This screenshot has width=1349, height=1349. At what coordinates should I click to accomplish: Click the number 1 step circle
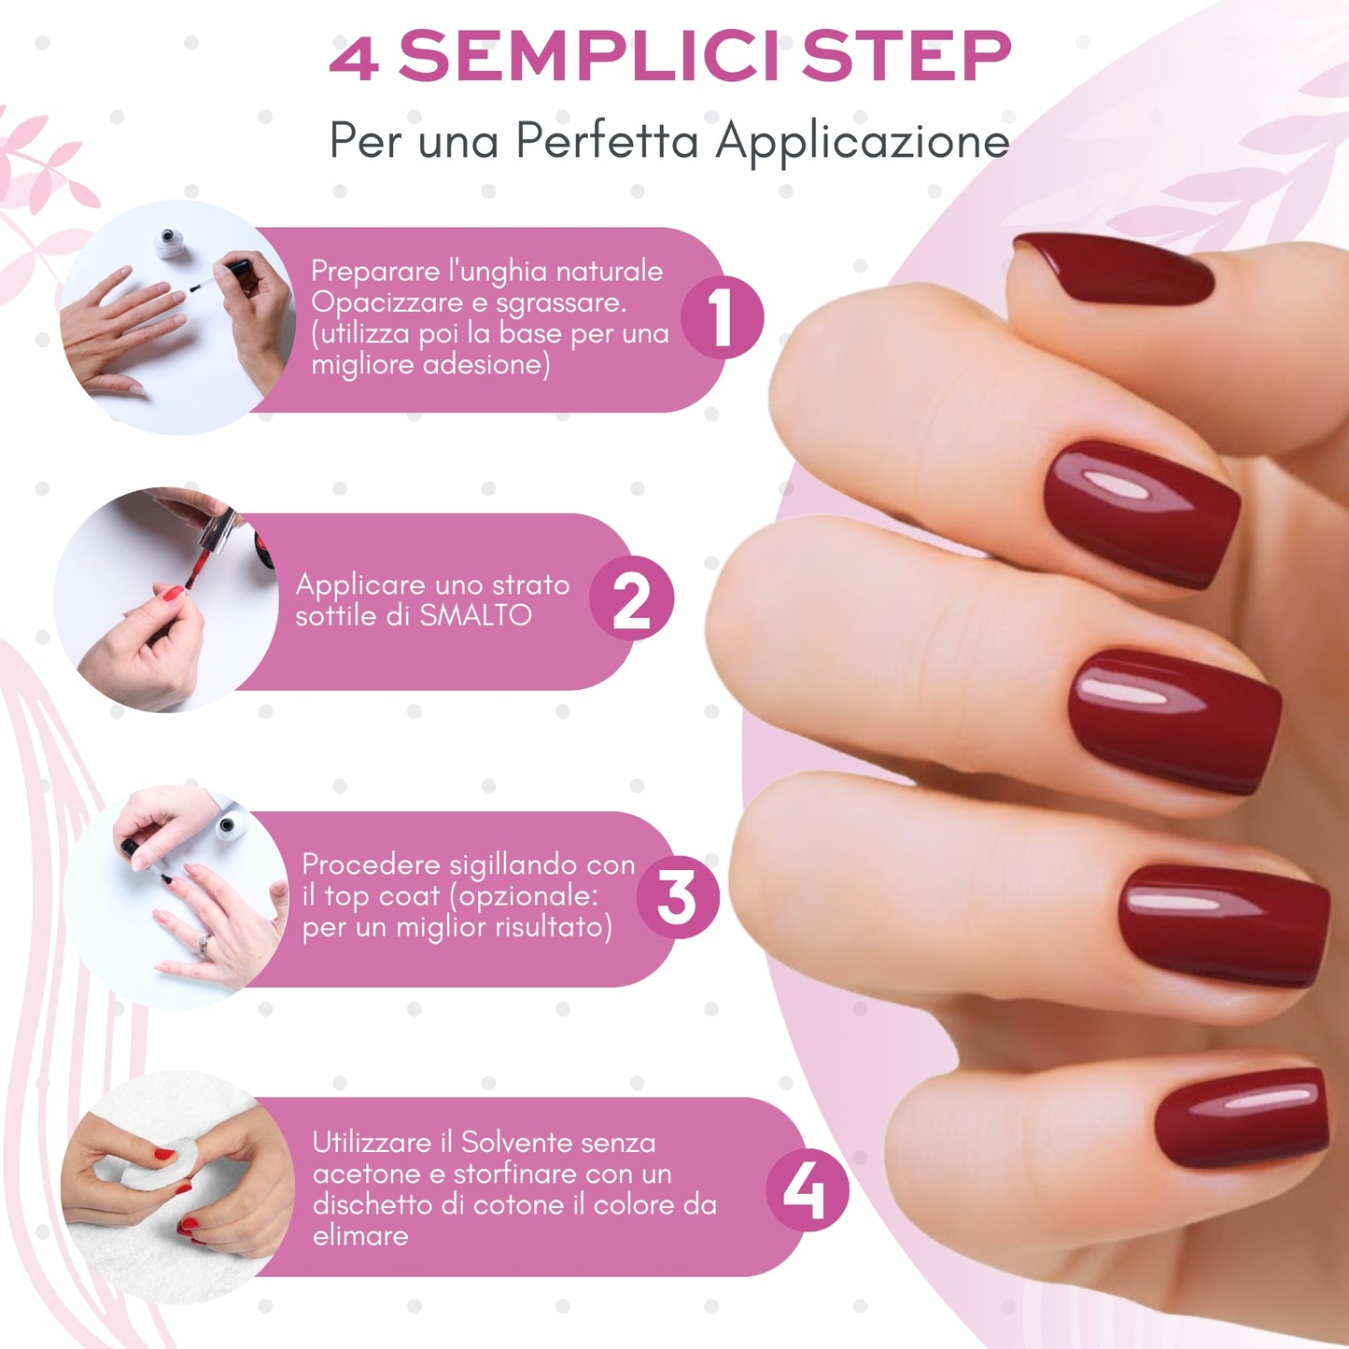click(x=722, y=317)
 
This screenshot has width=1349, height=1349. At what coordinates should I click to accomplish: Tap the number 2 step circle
click(x=631, y=599)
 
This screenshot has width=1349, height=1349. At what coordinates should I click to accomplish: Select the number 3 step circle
click(x=677, y=897)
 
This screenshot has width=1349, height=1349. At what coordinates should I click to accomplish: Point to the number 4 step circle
click(x=807, y=1190)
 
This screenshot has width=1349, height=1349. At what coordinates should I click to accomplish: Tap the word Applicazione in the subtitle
click(x=863, y=142)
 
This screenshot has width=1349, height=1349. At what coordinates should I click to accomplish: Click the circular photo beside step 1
click(x=177, y=317)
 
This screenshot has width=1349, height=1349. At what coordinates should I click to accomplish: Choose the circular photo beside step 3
click(x=177, y=897)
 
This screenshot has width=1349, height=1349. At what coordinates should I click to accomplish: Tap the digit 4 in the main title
click(x=355, y=58)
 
